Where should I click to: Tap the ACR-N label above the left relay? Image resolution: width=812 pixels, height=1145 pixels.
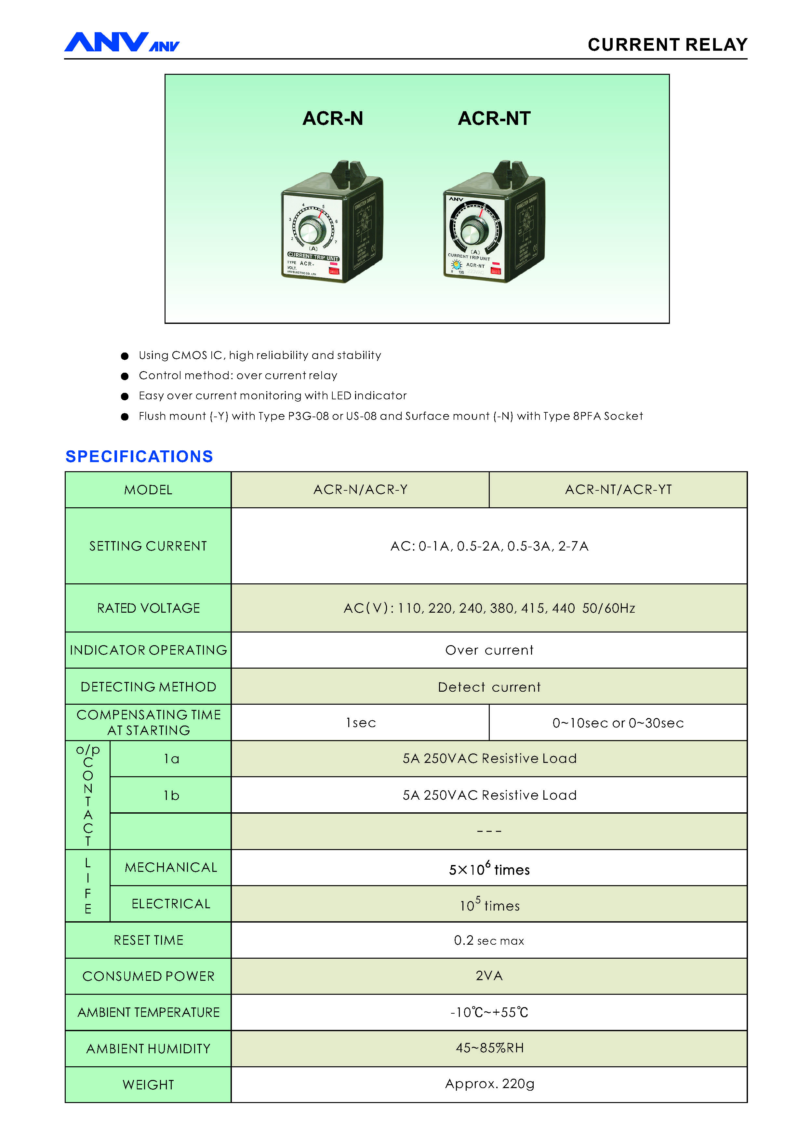pos(332,118)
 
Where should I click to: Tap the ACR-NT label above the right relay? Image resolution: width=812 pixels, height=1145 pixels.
pos(494,118)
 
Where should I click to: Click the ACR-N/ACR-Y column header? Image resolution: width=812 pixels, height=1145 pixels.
pos(360,489)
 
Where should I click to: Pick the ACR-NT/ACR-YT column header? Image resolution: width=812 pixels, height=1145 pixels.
pos(618,489)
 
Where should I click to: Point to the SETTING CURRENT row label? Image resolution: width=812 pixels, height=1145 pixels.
pos(148,546)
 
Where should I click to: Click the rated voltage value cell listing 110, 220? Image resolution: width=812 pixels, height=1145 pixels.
pos(489,608)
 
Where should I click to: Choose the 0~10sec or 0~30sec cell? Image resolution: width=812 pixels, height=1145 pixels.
pos(618,723)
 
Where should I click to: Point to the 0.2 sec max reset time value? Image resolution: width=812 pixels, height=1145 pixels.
pos(489,940)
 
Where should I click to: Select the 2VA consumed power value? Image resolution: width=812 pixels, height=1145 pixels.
pos(489,976)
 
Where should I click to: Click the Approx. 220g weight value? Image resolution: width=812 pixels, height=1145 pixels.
pos(489,1084)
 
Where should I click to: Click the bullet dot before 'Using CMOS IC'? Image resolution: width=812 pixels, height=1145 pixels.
pos(125,356)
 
